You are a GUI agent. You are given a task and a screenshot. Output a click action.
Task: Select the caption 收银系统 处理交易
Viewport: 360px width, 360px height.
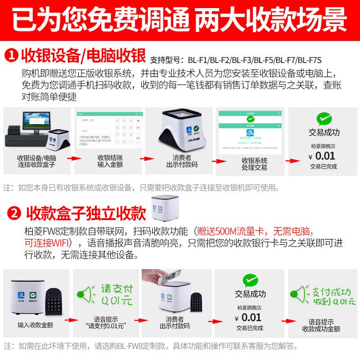[x=254, y=164]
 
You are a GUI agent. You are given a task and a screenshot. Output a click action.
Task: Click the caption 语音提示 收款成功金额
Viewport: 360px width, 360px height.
[x=321, y=325]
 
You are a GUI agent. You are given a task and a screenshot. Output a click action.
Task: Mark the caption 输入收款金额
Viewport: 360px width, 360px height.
[x=36, y=324]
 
